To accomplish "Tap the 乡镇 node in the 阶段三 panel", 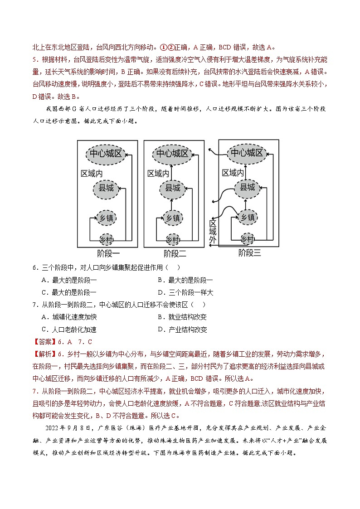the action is tap(247, 217).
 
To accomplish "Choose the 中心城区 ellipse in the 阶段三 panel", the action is tap(247, 153).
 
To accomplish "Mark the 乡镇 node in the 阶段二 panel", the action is tap(172, 218).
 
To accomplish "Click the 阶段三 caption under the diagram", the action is tap(250, 253).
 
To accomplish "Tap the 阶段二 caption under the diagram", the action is tap(175, 253).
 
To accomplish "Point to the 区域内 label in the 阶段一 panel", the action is tap(92, 174).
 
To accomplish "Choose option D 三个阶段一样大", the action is tap(185, 292).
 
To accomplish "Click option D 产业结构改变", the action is tap(182, 330).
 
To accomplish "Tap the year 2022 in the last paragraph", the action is tap(54, 427).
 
